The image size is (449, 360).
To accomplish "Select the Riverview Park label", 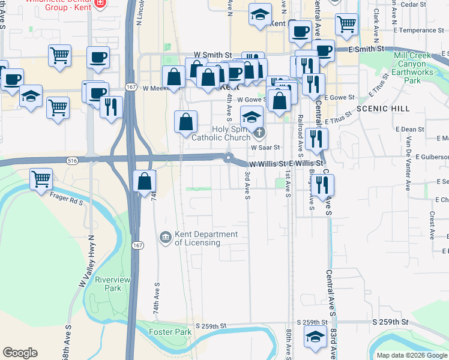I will (108, 284).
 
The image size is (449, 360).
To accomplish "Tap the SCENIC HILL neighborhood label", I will (382, 109).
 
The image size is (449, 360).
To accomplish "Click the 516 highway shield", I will (73, 161).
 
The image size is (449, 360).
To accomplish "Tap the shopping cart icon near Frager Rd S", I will (41, 178).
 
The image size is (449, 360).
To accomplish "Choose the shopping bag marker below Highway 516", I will (145, 181).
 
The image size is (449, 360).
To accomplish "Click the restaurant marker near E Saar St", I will (316, 139).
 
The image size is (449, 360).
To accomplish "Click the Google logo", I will (20, 353).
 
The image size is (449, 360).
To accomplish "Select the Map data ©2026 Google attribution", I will (412, 355).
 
